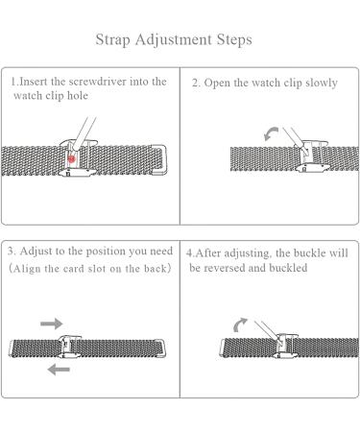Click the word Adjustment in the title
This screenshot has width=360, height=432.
(x=173, y=40)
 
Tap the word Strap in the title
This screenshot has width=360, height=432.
(x=113, y=40)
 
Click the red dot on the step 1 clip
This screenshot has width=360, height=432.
(x=71, y=158)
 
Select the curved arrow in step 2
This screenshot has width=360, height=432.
(x=271, y=133)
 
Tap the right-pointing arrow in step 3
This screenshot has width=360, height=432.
(x=52, y=324)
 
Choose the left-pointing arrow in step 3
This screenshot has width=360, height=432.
(x=59, y=370)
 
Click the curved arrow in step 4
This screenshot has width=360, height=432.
(x=240, y=324)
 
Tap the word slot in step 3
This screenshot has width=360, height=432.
(x=97, y=269)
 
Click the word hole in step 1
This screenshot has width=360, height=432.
(x=77, y=96)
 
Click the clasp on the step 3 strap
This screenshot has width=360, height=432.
(x=69, y=348)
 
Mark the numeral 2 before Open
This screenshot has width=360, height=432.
(x=195, y=84)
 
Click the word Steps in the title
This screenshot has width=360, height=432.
(x=234, y=40)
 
